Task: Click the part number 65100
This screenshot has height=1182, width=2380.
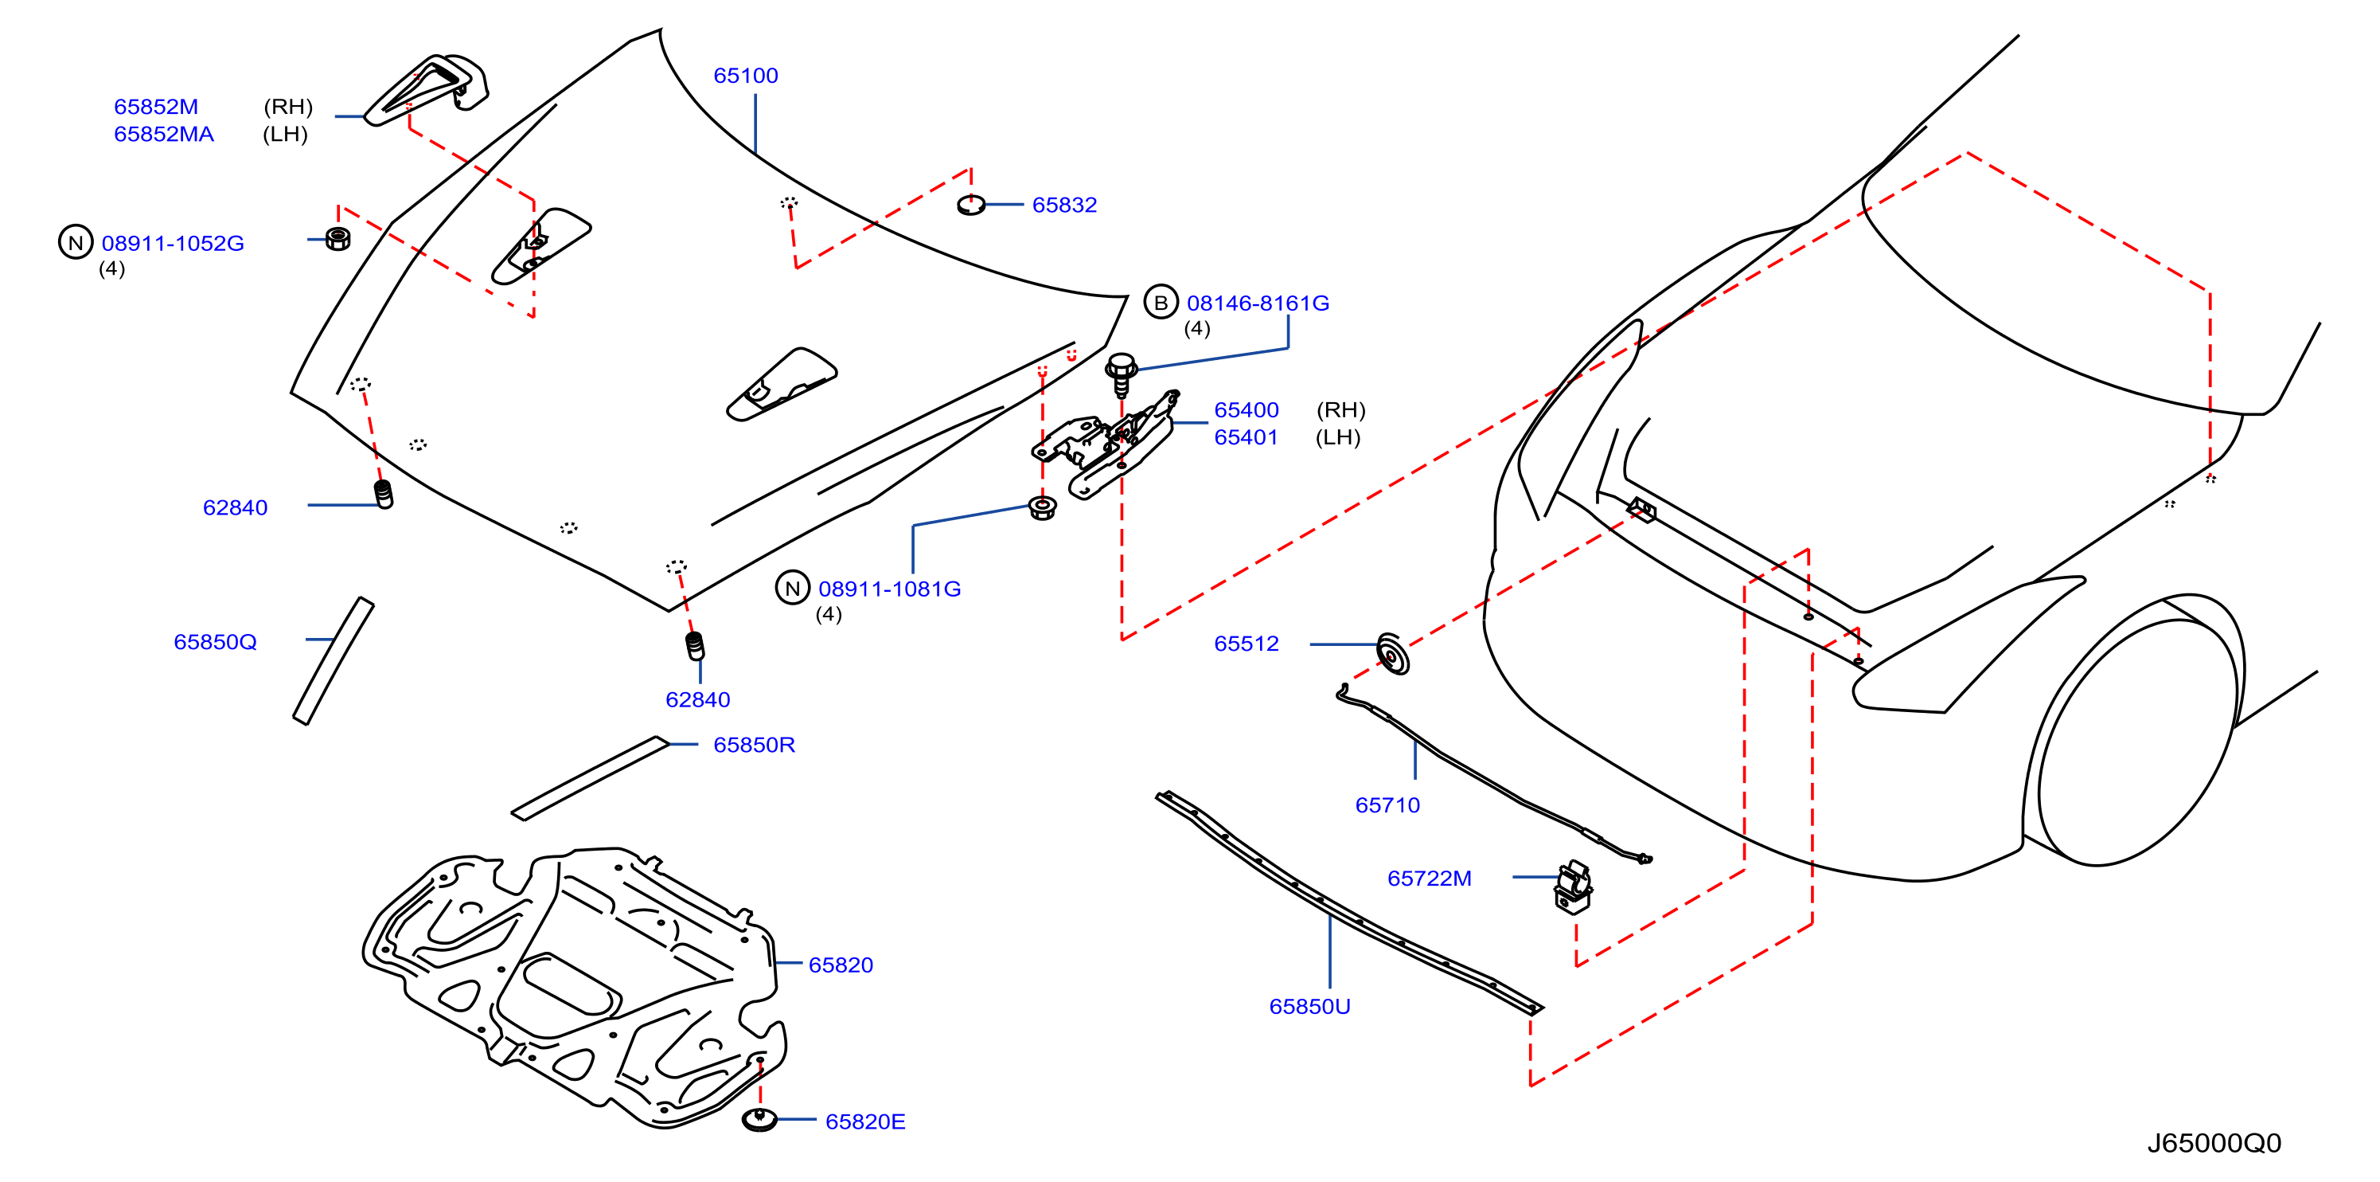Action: (746, 76)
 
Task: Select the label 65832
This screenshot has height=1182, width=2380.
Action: (1064, 205)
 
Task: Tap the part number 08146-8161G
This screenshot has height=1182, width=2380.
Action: (1258, 303)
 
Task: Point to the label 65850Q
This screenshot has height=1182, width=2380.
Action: (215, 642)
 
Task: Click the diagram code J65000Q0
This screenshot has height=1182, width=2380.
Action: (2214, 1143)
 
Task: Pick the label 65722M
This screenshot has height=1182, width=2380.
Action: (1430, 879)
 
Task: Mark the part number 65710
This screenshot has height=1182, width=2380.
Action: (1387, 806)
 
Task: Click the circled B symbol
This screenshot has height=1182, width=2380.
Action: (1161, 302)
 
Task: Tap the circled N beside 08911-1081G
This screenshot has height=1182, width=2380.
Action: (792, 588)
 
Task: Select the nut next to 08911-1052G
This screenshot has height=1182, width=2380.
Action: (338, 238)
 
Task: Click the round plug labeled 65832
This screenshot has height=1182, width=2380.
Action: (970, 205)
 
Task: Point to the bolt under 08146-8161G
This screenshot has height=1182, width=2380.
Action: (1121, 374)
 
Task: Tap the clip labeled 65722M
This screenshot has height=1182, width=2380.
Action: (1573, 887)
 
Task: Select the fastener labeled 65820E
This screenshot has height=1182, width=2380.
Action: (759, 1120)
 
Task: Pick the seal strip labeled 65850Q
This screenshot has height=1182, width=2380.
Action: (334, 661)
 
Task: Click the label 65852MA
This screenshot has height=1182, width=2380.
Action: (163, 135)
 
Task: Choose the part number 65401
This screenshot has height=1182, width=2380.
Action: (1246, 438)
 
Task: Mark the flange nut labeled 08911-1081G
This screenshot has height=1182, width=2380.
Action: (1042, 507)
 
